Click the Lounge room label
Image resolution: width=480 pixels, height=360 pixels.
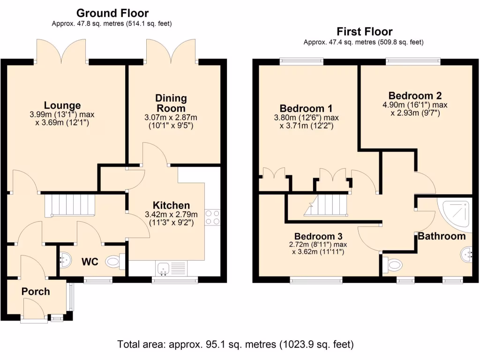coord(62,105)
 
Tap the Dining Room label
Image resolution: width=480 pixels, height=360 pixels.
coord(171,103)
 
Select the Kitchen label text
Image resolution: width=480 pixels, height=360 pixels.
coord(171,205)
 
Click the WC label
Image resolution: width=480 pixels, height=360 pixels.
coord(90,262)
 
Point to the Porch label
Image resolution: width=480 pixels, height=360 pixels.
coord(36,292)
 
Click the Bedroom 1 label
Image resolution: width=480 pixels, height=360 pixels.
coord(306,108)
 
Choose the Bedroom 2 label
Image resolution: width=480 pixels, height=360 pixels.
coord(415,96)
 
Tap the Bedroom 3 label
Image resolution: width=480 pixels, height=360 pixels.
coord(318,236)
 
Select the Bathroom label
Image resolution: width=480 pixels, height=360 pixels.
coord(442,236)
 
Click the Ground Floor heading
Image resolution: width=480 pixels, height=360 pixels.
coord(112,13)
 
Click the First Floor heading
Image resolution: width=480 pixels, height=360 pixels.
coord(364,31)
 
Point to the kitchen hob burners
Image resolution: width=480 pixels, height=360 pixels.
coord(212,217)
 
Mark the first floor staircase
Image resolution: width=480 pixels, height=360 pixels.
coord(326,205)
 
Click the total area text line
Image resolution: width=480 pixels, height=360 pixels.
coord(235,345)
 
